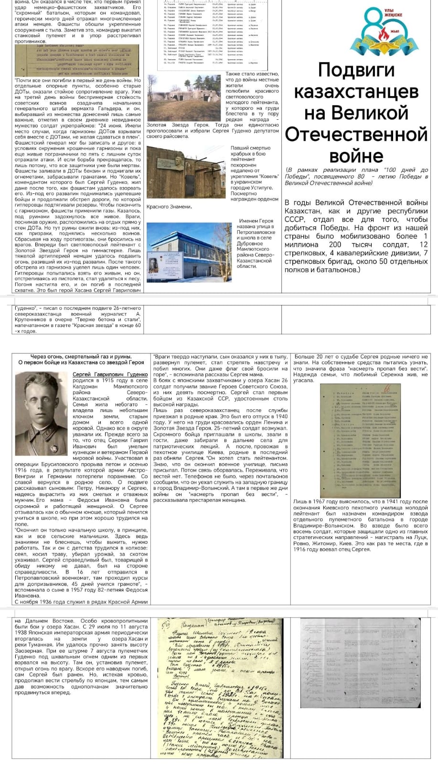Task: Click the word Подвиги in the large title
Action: point(356,70)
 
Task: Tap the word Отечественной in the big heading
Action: point(356,134)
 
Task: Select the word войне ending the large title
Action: point(356,156)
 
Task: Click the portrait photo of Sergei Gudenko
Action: point(42,414)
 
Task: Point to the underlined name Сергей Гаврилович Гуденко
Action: point(110,375)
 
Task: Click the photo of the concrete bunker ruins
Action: point(185,97)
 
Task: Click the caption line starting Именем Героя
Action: point(256,221)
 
